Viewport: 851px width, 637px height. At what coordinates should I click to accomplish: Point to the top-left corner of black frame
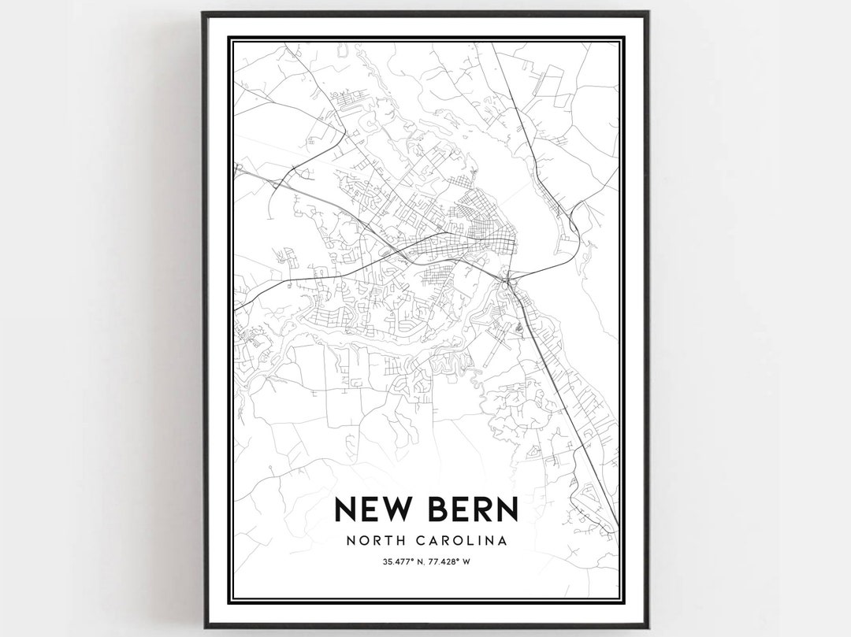point(203,13)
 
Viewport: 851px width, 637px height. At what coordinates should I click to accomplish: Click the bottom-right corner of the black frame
point(648,627)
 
